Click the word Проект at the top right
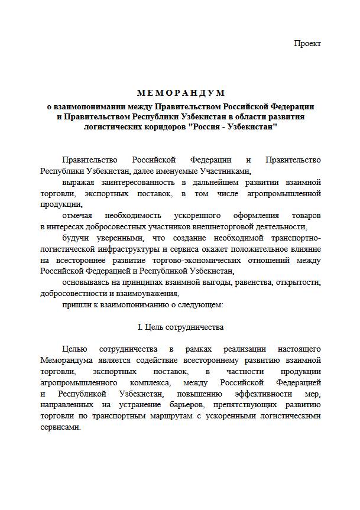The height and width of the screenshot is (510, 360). (307, 44)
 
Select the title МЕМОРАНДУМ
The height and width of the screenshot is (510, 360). (181, 93)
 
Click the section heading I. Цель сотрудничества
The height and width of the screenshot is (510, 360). (180, 327)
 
